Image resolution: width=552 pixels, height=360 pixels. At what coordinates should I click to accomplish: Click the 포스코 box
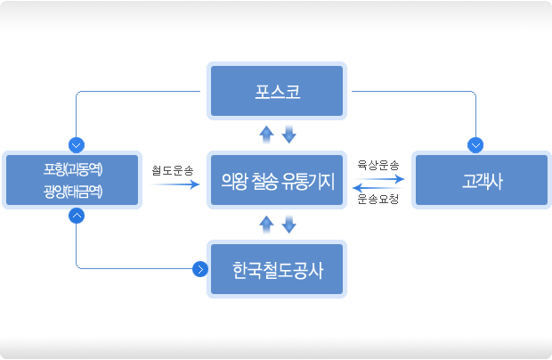pyautogui.click(x=277, y=91)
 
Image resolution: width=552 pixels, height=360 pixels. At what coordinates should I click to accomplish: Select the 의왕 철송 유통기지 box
pyautogui.click(x=277, y=180)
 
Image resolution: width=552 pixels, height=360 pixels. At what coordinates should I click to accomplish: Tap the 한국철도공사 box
pyautogui.click(x=277, y=269)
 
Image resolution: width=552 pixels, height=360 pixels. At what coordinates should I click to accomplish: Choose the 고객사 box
pyautogui.click(x=482, y=180)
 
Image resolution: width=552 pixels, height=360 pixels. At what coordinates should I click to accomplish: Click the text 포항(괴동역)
pyautogui.click(x=73, y=169)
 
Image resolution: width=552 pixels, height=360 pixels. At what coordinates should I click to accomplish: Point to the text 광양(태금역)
pyautogui.click(x=73, y=192)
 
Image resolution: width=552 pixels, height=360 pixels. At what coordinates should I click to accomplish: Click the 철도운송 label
pyautogui.click(x=173, y=170)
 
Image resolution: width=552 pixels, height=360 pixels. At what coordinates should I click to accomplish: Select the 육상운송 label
pyautogui.click(x=378, y=165)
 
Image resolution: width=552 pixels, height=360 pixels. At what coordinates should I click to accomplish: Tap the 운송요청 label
pyautogui.click(x=378, y=199)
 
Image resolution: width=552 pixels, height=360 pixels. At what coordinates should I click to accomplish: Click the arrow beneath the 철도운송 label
pyautogui.click(x=175, y=184)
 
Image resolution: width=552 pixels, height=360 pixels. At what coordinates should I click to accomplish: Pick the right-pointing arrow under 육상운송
pyautogui.click(x=380, y=179)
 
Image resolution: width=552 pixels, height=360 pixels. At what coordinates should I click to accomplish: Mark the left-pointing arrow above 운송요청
pyautogui.click(x=377, y=188)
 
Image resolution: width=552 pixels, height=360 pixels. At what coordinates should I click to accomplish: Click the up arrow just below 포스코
pyautogui.click(x=266, y=135)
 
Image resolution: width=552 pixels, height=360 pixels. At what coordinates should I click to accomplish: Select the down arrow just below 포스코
pyautogui.click(x=289, y=135)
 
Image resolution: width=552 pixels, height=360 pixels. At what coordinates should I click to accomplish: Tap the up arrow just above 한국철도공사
pyautogui.click(x=266, y=225)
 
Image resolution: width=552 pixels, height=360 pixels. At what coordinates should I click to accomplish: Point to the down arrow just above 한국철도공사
pyautogui.click(x=289, y=225)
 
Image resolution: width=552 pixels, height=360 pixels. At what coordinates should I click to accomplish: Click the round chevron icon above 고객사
pyautogui.click(x=475, y=145)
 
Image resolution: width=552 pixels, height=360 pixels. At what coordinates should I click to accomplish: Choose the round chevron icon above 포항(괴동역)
pyautogui.click(x=77, y=145)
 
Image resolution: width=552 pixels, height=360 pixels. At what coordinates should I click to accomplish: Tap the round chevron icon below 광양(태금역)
pyautogui.click(x=77, y=216)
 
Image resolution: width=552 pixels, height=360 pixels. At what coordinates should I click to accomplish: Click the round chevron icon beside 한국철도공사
pyautogui.click(x=200, y=269)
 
